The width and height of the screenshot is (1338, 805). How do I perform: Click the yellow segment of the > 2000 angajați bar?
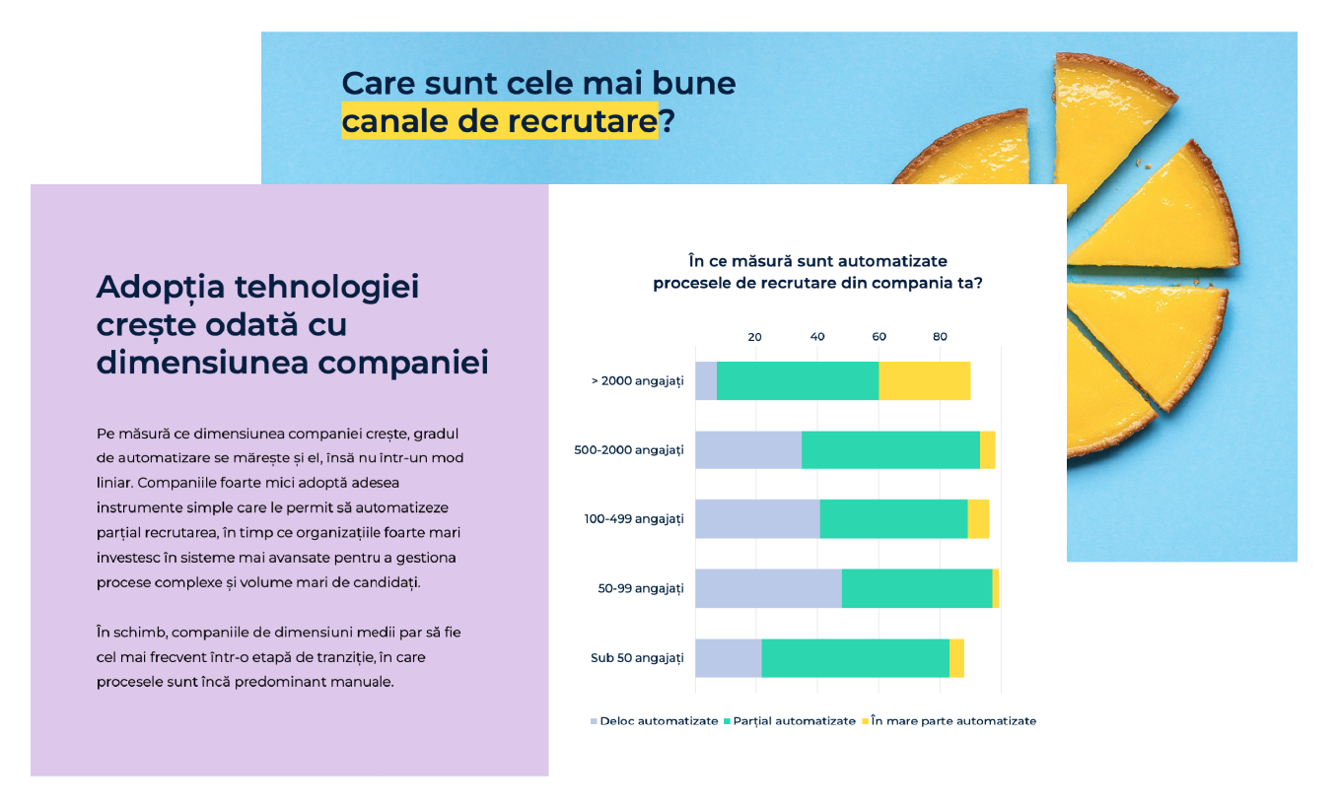tap(924, 380)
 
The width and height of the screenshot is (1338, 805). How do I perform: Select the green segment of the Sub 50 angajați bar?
tap(855, 657)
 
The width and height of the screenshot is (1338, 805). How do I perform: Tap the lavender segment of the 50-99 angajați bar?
tap(768, 588)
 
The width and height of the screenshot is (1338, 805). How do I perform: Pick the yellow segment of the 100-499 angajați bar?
tap(978, 518)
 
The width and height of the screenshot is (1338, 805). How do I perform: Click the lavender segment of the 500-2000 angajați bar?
tap(747, 449)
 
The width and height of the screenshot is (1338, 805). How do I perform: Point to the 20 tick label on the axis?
tap(755, 337)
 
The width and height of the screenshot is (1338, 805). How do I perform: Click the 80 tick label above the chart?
tap(940, 337)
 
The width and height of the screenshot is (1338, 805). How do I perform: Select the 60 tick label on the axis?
tap(879, 337)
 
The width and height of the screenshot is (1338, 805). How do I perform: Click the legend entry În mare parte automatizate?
tap(952, 721)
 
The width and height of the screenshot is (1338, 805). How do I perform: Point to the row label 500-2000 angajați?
tap(628, 450)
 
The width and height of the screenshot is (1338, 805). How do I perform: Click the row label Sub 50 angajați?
tap(637, 657)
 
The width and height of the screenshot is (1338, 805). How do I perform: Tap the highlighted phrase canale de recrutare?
tap(499, 121)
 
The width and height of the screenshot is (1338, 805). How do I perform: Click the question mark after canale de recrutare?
tap(668, 121)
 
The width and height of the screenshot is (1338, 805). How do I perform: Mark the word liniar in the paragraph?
tap(114, 483)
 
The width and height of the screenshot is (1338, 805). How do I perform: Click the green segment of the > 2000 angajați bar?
tap(797, 380)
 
